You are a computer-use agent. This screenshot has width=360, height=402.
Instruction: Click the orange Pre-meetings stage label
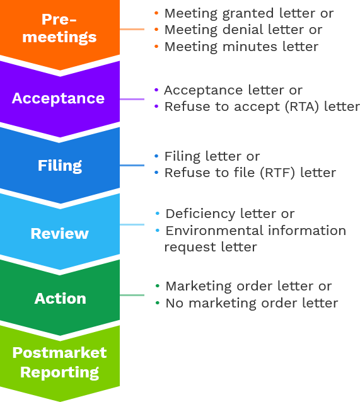pos(59,28)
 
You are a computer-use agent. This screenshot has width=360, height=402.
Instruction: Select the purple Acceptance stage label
pos(58,98)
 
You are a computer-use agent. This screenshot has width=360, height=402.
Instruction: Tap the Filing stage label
pos(60,166)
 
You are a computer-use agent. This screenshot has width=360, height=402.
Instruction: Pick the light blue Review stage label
pos(59,234)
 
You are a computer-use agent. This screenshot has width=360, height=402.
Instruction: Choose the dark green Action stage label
pos(61,299)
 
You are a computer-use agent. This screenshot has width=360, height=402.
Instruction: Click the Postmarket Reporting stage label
pos(59,362)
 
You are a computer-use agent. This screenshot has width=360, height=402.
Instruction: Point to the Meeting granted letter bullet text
pos(249,13)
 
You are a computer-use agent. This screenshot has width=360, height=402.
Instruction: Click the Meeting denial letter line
pos(243,30)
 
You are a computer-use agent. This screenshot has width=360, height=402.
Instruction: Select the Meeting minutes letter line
pos(241,47)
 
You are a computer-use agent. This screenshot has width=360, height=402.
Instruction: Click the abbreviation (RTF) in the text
pos(277,173)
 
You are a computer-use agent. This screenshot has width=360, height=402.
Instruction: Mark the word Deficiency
pos(200,214)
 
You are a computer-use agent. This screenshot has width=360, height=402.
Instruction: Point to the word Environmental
pos(214,230)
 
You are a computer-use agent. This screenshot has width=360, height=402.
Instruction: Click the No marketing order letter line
pos(252,303)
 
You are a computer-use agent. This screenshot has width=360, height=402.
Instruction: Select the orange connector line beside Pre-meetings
pos(132,29)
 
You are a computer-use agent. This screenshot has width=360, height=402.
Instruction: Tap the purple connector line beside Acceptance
pos(132,99)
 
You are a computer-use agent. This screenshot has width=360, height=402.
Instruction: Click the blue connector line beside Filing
pos(132,165)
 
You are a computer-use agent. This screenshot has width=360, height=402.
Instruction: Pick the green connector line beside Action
pos(132,295)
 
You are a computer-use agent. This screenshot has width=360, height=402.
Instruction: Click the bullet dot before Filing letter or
pos(156,156)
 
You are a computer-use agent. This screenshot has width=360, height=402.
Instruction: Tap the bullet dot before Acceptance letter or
pos(156,89)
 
